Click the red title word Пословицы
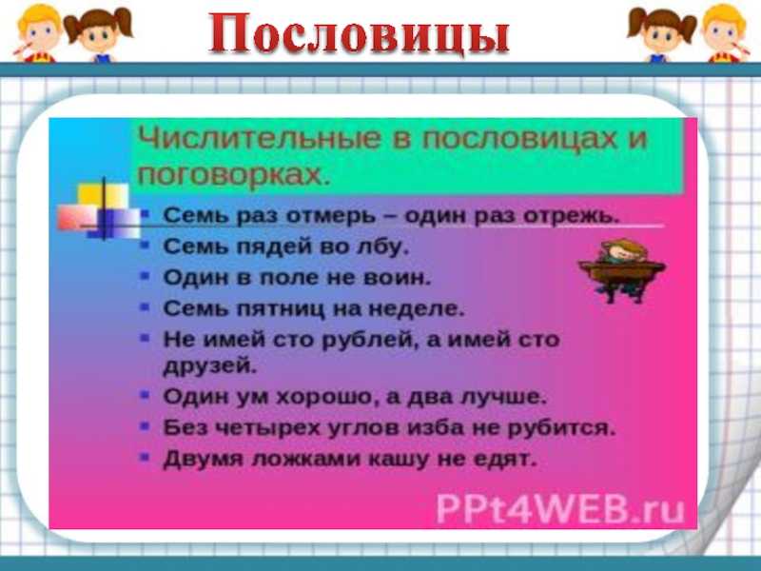pos(360,34)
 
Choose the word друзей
pos(209,366)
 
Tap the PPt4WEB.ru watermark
pos(560,509)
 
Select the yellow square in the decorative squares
pos(103,195)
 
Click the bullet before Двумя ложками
pos(145,458)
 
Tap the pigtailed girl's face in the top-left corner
pos(100,34)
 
